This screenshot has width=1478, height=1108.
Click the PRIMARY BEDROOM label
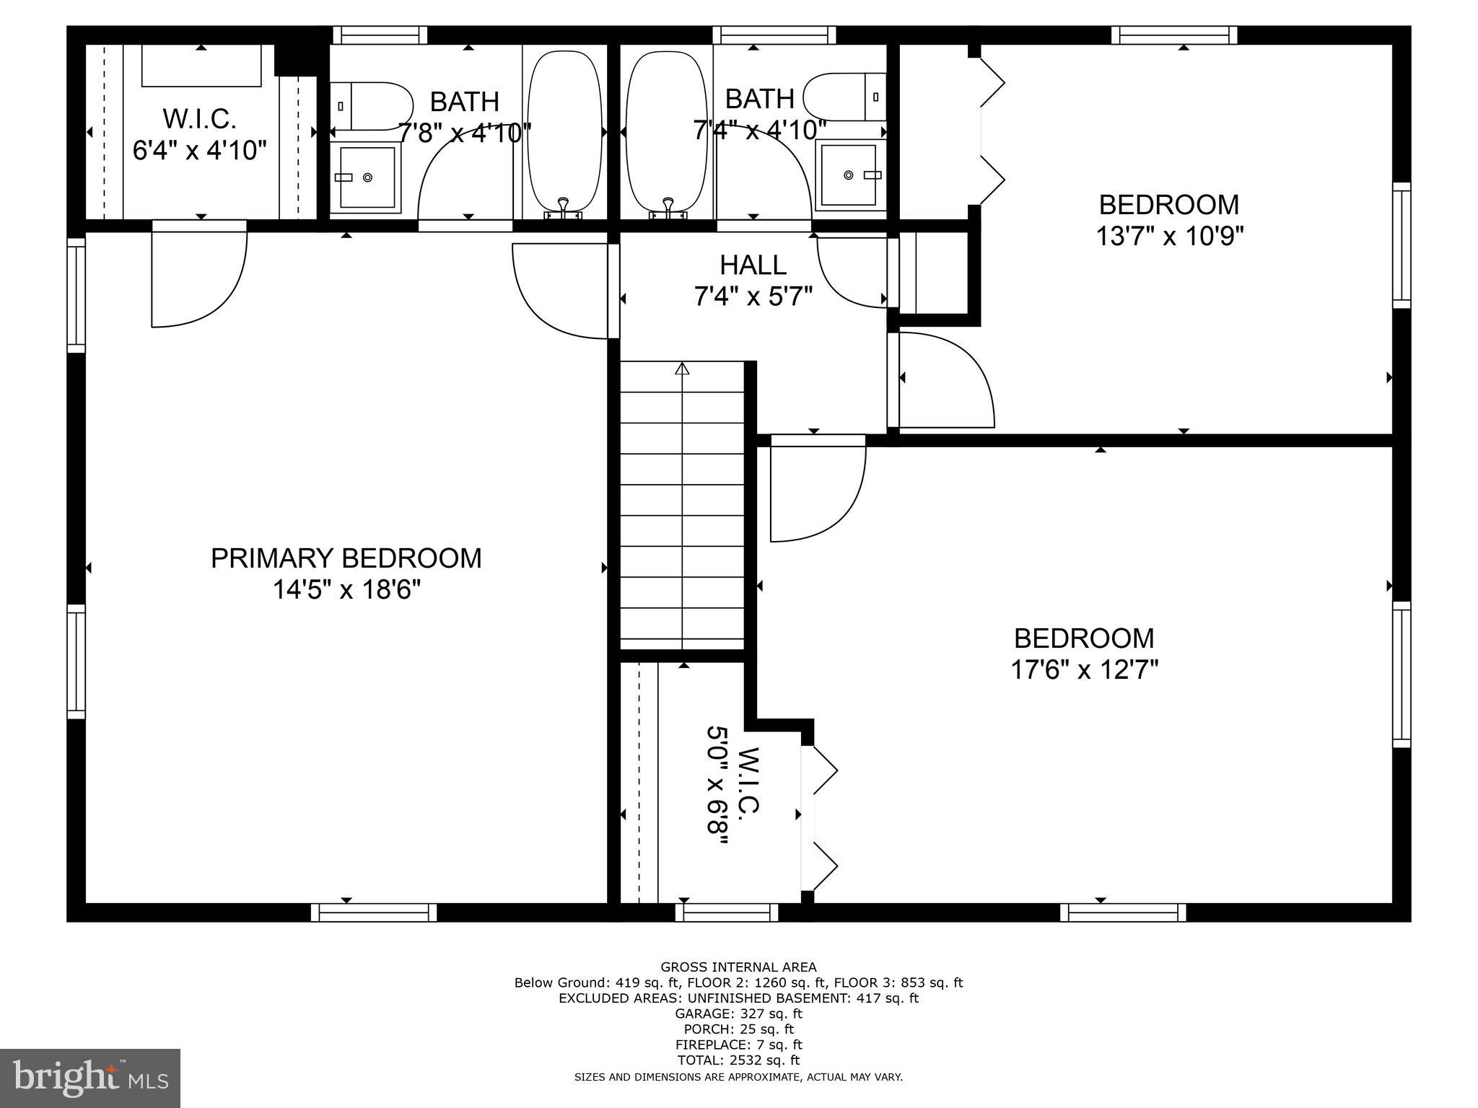point(346,558)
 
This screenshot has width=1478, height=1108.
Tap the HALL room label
point(753,265)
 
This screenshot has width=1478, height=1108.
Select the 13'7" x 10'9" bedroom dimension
point(1169,236)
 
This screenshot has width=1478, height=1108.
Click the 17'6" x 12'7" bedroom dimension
point(1084,670)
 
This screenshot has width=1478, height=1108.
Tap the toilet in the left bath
point(371,106)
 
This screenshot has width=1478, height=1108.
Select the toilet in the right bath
point(845,97)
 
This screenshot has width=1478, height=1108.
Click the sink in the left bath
point(367,177)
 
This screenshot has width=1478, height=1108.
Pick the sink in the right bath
point(849,175)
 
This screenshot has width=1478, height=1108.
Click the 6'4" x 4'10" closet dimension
point(200,150)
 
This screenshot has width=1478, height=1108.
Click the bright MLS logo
point(90,1078)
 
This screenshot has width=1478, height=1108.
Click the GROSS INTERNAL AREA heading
point(738,967)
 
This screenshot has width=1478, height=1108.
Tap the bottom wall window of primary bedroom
point(374,913)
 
